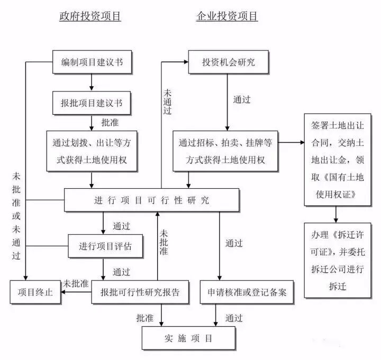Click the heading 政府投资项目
pos(90,16)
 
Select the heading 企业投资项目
pos(227,16)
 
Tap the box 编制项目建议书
pos(92,62)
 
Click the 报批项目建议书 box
pos(92,103)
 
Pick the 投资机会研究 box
pos(228,62)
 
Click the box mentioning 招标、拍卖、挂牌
pos(225,151)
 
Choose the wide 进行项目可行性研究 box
pos(151,200)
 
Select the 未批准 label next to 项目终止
pos(76,283)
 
